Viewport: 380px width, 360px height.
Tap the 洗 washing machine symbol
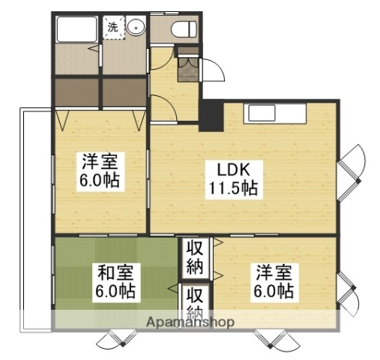pyautogui.click(x=112, y=28)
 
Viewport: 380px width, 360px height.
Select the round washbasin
pyautogui.click(x=136, y=28)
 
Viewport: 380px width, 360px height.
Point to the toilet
pyautogui.click(x=182, y=29)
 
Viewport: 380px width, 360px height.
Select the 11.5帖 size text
pyautogui.click(x=234, y=189)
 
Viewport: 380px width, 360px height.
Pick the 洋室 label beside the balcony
pyautogui.click(x=99, y=160)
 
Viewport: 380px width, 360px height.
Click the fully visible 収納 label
pyautogui.click(x=195, y=256)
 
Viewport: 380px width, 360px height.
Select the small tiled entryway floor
pyautogui.click(x=187, y=72)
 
